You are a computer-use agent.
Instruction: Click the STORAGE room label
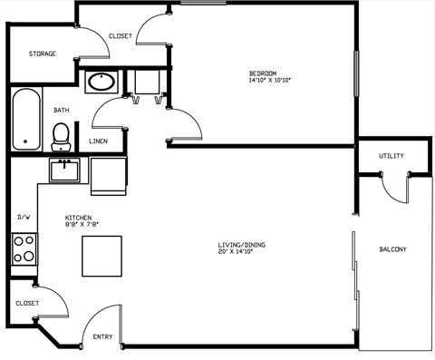pyautogui.click(x=43, y=54)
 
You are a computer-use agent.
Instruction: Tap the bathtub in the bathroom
pyautogui.click(x=27, y=119)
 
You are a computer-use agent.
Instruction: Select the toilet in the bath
pyautogui.click(x=62, y=136)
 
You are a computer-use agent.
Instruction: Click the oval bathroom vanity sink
pyautogui.click(x=101, y=82)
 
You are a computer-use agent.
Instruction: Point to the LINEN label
pyautogui.click(x=99, y=141)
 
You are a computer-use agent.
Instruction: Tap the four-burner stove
pyautogui.click(x=24, y=248)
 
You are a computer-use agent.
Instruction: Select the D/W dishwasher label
pyautogui.click(x=24, y=218)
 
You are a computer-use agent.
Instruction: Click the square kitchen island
pyautogui.click(x=101, y=256)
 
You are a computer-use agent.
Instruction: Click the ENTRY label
pyautogui.click(x=102, y=337)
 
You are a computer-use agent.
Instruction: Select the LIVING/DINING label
pyautogui.click(x=241, y=245)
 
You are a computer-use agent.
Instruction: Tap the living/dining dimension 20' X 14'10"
pyautogui.click(x=241, y=253)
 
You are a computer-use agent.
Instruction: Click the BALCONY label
pyautogui.click(x=393, y=249)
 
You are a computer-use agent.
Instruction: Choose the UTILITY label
pyautogui.click(x=391, y=156)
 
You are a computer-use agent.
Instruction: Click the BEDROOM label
pyautogui.click(x=263, y=73)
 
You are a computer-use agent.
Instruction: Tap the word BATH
pyautogui.click(x=61, y=111)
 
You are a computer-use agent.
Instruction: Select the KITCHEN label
pyautogui.click(x=78, y=218)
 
